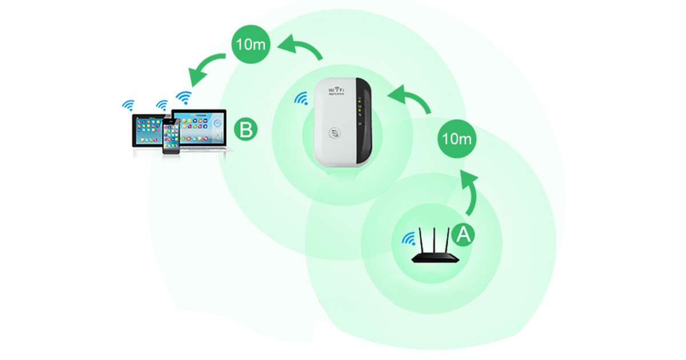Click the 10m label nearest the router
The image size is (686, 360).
tap(457, 138)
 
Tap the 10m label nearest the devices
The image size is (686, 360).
tap(250, 44)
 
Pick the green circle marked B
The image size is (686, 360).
tap(246, 129)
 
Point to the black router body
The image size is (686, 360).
tap(436, 258)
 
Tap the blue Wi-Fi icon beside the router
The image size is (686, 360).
tap(408, 239)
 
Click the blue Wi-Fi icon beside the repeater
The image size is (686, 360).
tap(301, 99)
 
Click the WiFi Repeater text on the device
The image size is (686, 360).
tap(336, 92)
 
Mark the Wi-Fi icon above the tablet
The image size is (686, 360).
tap(128, 105)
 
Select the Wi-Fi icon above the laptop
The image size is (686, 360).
tap(184, 97)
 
